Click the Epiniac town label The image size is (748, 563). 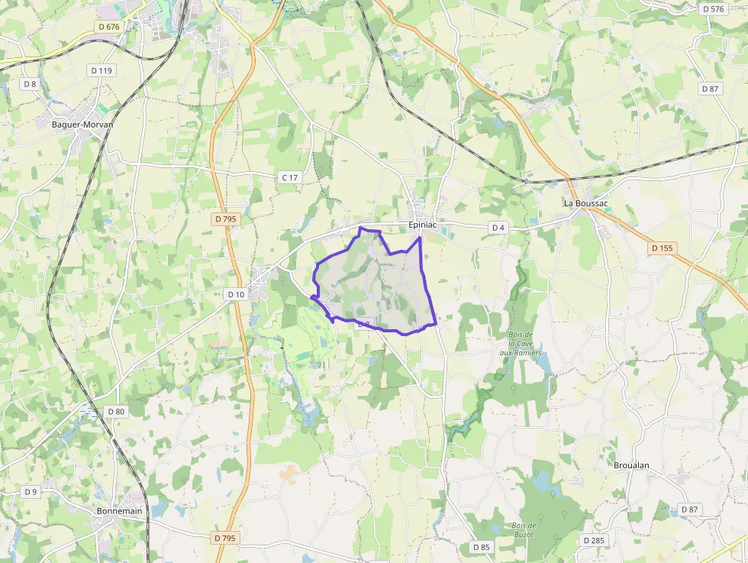[x=422, y=225]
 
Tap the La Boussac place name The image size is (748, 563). [x=585, y=204]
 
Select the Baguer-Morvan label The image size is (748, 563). [x=82, y=124]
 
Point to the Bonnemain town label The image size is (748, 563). [x=119, y=511]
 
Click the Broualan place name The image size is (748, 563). [x=631, y=464]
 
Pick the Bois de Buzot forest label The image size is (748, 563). [x=524, y=529]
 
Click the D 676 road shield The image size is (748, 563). [x=109, y=27]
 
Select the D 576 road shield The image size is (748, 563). [x=712, y=9]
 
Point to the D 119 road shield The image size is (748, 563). [x=102, y=70]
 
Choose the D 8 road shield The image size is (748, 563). [x=30, y=84]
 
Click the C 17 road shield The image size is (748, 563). [x=289, y=177]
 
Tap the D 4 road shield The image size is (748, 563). [x=498, y=228]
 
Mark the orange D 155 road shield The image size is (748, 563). [x=662, y=248]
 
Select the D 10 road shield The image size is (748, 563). [x=236, y=294]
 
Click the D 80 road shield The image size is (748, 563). [x=116, y=411]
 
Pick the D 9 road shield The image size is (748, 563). [x=31, y=491]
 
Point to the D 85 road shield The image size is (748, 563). [x=481, y=546]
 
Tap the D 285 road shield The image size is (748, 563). [x=593, y=540]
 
